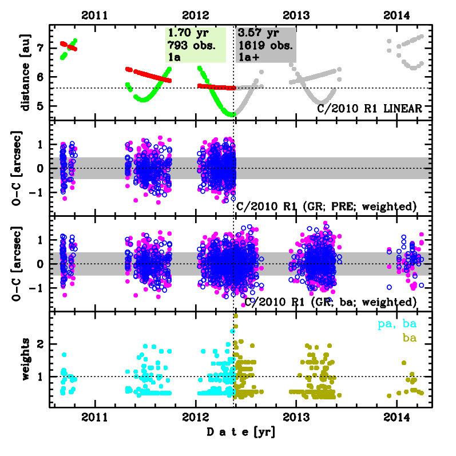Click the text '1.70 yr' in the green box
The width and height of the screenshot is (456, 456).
click(184, 34)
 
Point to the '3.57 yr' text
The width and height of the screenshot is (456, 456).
click(255, 34)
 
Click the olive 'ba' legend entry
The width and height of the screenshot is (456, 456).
click(409, 338)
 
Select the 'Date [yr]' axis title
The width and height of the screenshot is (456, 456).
click(240, 431)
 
